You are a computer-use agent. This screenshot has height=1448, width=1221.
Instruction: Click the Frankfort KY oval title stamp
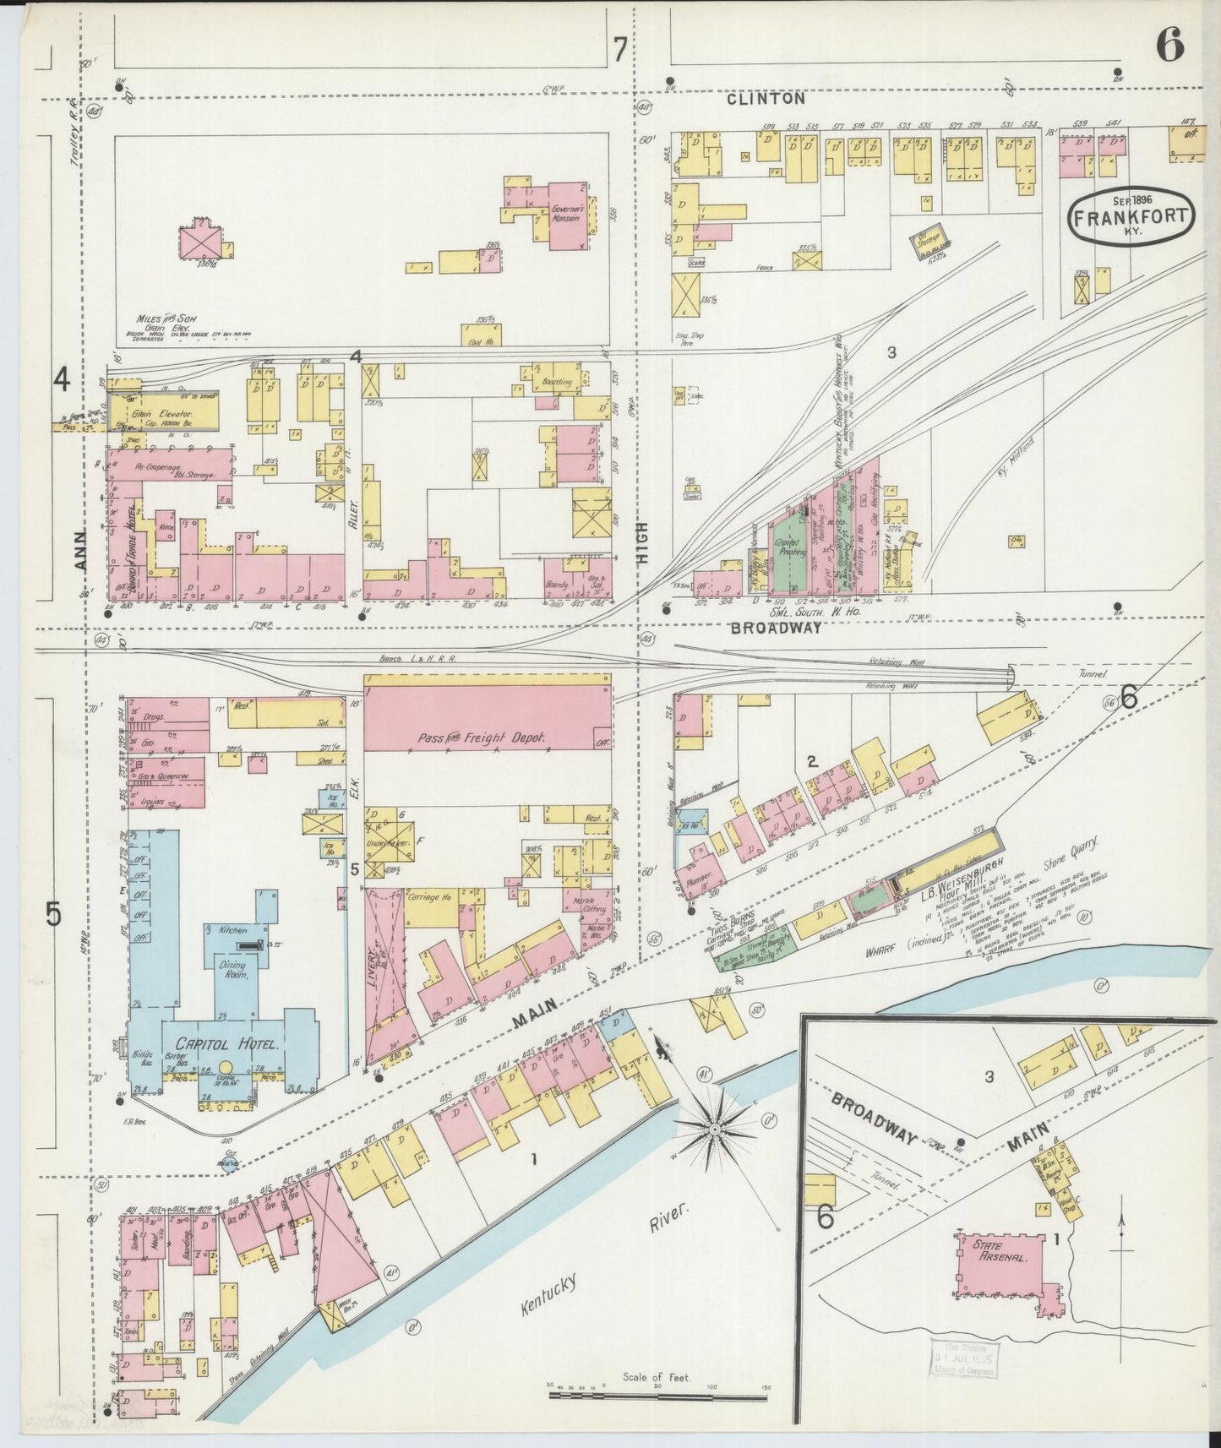click(1131, 216)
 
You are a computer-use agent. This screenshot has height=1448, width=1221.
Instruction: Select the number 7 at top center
click(619, 51)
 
